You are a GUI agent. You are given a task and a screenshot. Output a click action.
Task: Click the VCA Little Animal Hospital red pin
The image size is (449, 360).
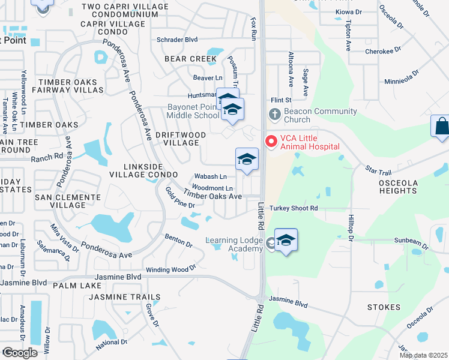[x=271, y=142]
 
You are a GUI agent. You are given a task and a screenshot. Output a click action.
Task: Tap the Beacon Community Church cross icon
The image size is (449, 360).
[x=274, y=113]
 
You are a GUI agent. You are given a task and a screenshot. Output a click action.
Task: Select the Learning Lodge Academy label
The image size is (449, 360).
[x=235, y=244]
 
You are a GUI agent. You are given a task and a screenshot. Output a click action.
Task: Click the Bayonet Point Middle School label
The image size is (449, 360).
[x=193, y=112]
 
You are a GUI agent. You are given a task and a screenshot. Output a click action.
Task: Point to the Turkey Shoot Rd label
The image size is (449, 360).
[x=293, y=208]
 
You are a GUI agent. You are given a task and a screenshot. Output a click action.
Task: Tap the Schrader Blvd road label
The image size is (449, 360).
[x=177, y=40]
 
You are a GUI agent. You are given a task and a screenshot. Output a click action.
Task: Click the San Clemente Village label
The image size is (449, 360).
[x=67, y=201]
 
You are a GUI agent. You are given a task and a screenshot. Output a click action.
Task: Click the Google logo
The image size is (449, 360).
[x=20, y=353]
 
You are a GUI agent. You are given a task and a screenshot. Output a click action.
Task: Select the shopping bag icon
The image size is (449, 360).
[x=441, y=127]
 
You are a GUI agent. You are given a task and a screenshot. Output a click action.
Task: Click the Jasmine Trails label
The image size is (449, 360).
[x=125, y=297]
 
